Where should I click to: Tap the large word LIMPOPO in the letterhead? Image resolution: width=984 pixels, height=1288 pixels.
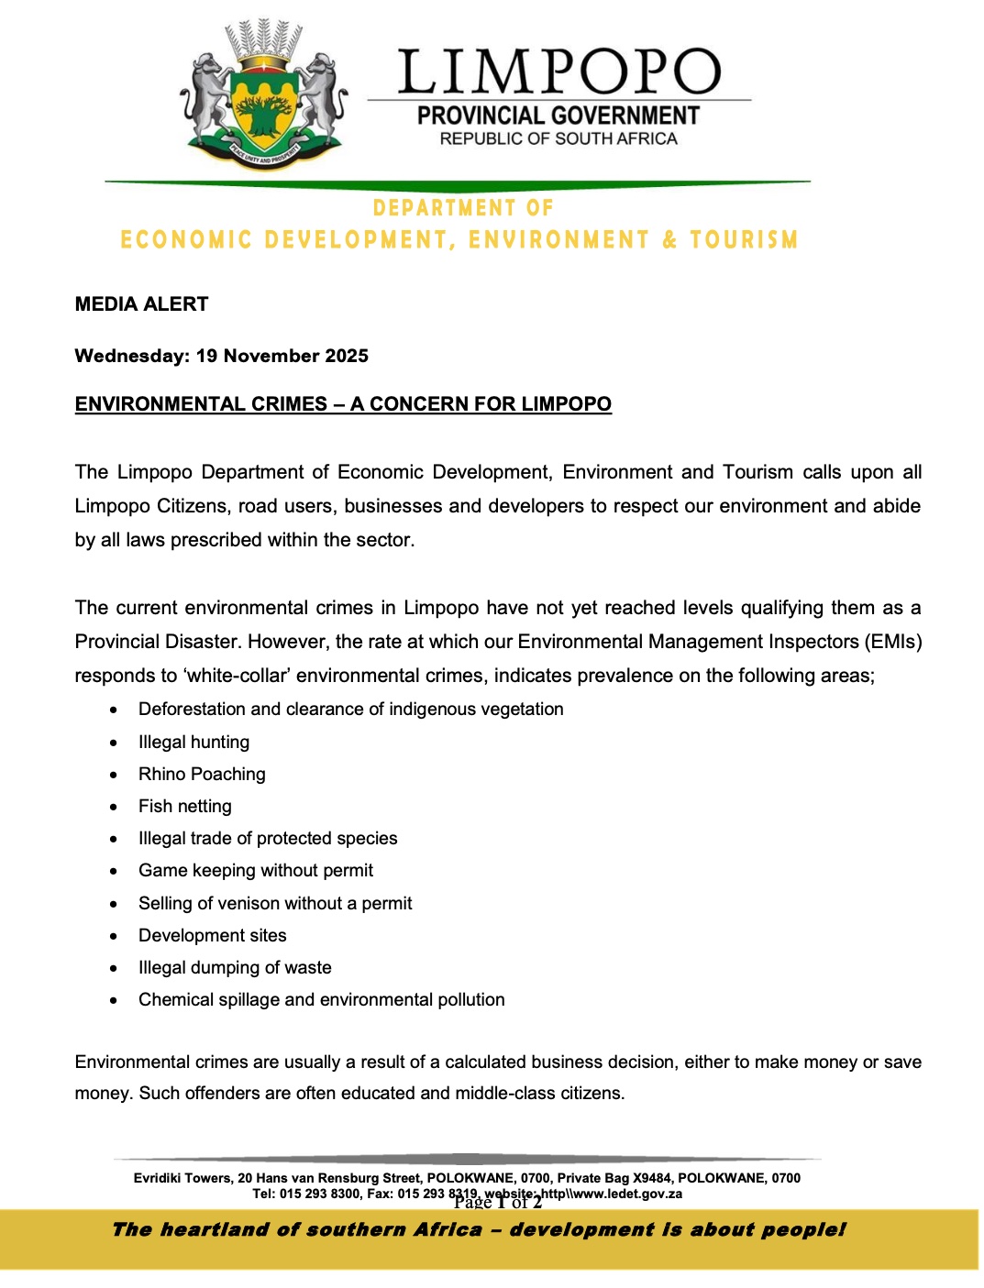[559, 72]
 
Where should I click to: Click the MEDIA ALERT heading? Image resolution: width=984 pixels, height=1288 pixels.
[141, 304]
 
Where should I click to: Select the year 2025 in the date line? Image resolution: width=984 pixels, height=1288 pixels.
[346, 356]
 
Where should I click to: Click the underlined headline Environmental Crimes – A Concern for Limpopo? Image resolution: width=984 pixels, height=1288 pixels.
[343, 404]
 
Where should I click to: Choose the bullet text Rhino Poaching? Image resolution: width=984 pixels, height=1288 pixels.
[202, 774]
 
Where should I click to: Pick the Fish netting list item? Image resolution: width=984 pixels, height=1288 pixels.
[184, 806]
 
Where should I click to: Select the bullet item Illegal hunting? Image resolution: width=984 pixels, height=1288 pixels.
[193, 742]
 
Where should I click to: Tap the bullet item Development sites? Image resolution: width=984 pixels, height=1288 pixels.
[212, 935]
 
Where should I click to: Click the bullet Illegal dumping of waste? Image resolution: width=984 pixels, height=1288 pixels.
[235, 967]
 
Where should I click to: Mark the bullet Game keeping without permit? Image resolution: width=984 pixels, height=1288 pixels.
[256, 870]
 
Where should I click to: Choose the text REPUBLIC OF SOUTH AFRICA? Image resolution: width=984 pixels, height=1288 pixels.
[558, 139]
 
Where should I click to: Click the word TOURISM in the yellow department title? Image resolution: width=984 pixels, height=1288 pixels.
[744, 240]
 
